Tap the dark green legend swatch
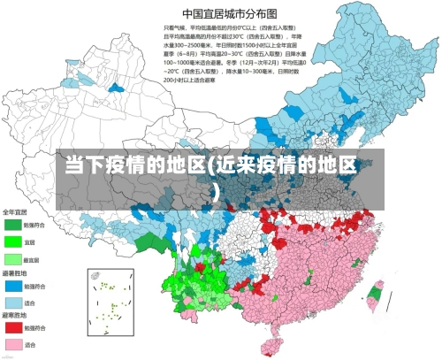(x=13, y=224)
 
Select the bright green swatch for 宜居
(x=13, y=241)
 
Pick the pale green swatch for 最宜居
(x=13, y=259)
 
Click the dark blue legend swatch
(x=13, y=287)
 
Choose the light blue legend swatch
(x=13, y=303)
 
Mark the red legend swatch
(x=13, y=327)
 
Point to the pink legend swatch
(x=13, y=344)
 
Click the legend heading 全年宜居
(x=15, y=211)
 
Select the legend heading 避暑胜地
(x=15, y=274)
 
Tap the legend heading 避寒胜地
(x=15, y=315)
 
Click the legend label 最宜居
(x=31, y=259)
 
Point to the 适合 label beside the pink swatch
(x=30, y=344)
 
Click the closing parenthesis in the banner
(x=220, y=188)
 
